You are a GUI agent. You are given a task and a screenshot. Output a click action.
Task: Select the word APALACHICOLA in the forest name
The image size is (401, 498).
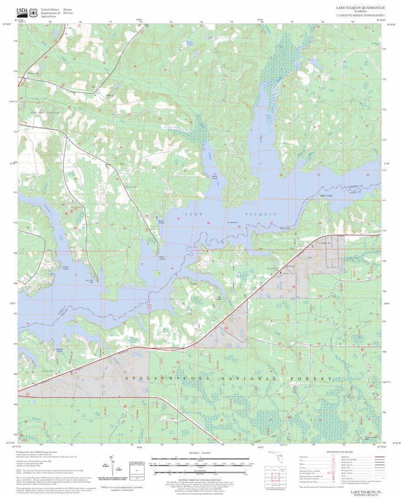(x=163, y=379)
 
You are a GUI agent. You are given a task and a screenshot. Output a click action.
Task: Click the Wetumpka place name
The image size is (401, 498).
(x=33, y=73)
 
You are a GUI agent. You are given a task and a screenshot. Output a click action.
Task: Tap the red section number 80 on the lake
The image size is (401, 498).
(x=208, y=223)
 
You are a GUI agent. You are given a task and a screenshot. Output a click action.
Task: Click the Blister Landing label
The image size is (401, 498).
(x=162, y=257)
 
